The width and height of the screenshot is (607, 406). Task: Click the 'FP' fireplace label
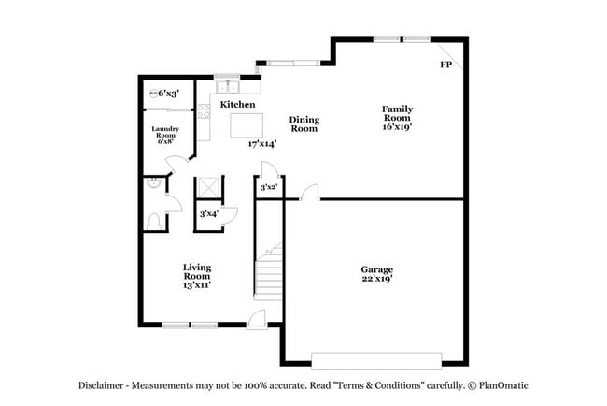[445, 65]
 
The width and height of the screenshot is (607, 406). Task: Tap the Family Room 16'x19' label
[396, 119]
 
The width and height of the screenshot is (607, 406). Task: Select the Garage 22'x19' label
[376, 273]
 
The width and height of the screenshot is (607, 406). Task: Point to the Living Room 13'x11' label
[196, 276]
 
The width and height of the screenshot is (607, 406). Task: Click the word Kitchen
[237, 105]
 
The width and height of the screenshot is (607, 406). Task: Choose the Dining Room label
[303, 123]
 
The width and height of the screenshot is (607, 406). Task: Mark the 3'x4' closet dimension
[210, 214]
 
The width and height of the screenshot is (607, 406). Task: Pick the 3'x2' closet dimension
[268, 188]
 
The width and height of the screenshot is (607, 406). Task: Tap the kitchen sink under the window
[227, 88]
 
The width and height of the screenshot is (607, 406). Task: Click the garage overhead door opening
[376, 358]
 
